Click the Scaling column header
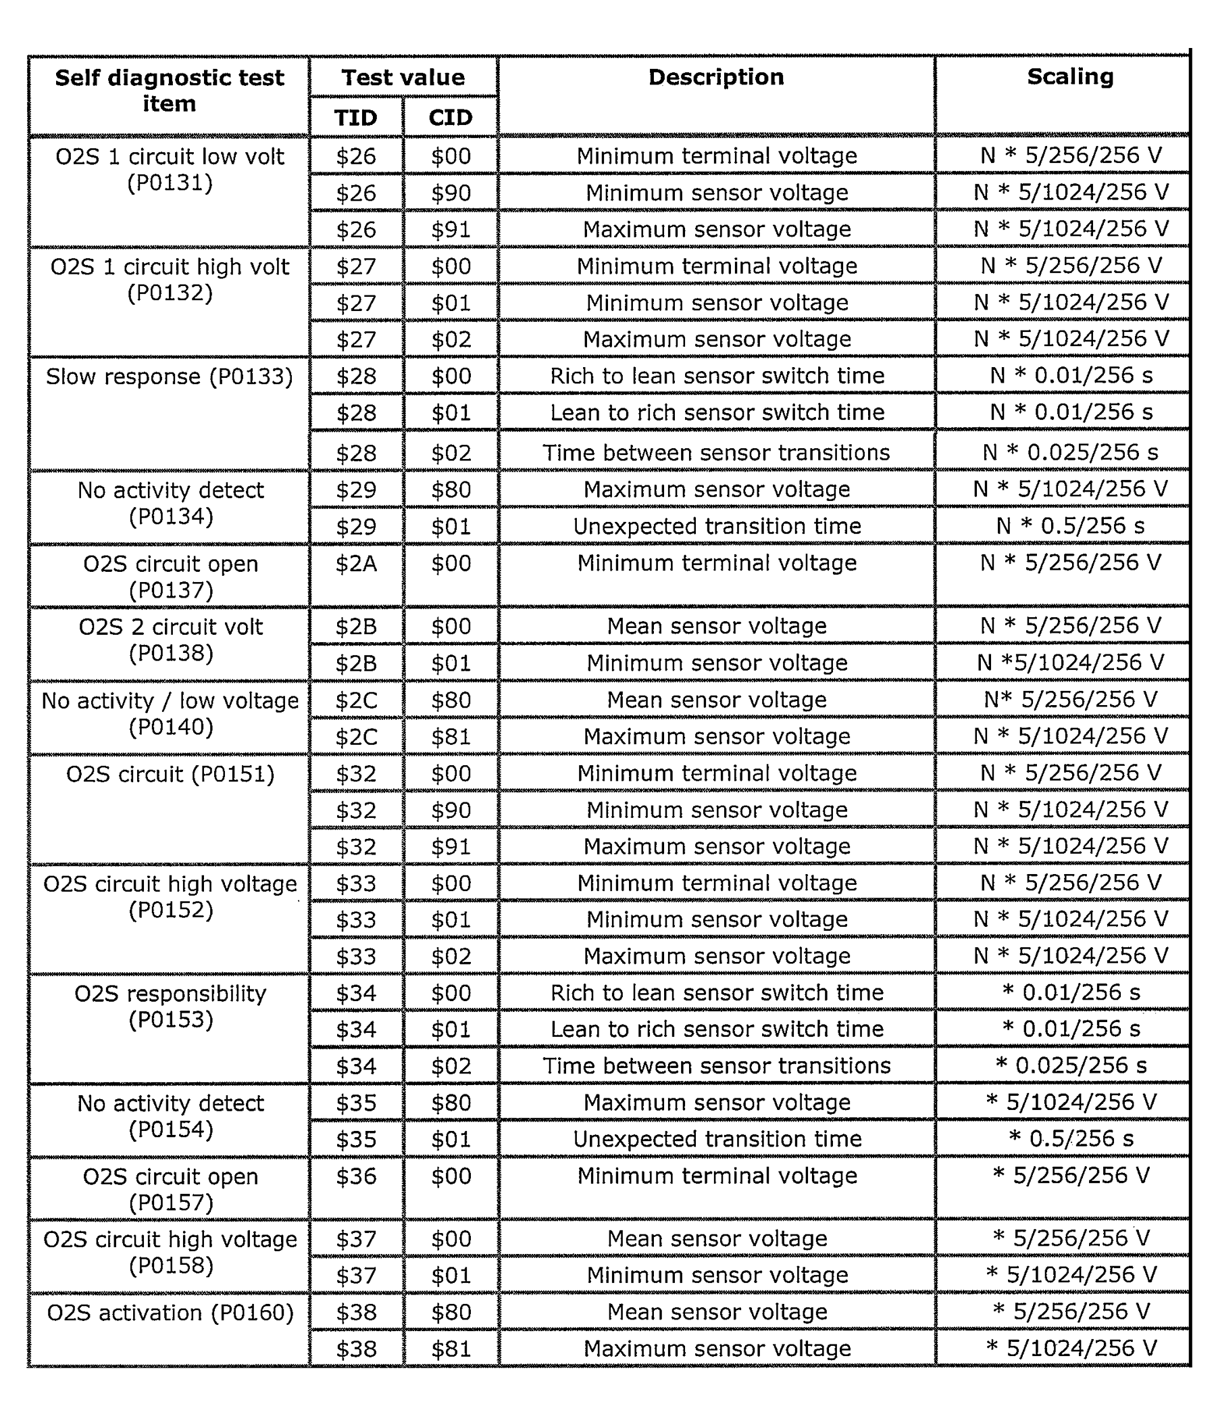pyautogui.click(x=1069, y=76)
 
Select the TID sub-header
pyautogui.click(x=355, y=118)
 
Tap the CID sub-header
pyautogui.click(x=451, y=118)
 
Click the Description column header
pyautogui.click(x=716, y=76)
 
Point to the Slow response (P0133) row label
pyautogui.click(x=169, y=376)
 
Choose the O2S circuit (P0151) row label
pyautogui.click(x=170, y=774)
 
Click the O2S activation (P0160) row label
pyautogui.click(x=170, y=1312)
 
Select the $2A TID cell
pyautogui.click(x=355, y=564)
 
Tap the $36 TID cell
pyautogui.click(x=355, y=1176)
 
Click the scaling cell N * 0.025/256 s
pyautogui.click(x=1069, y=452)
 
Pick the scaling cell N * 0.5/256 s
pyautogui.click(x=1069, y=525)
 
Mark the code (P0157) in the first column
pyautogui.click(x=171, y=1203)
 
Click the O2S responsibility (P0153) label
pyautogui.click(x=170, y=1006)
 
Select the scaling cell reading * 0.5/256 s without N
pyautogui.click(x=1070, y=1138)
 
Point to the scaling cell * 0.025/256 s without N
pyautogui.click(x=1070, y=1065)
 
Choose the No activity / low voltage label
pyautogui.click(x=170, y=700)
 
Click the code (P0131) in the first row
pyautogui.click(x=170, y=183)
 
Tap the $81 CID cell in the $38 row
pyautogui.click(x=451, y=1349)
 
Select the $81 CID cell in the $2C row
pyautogui.click(x=451, y=737)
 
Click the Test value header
pyautogui.click(x=403, y=76)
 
